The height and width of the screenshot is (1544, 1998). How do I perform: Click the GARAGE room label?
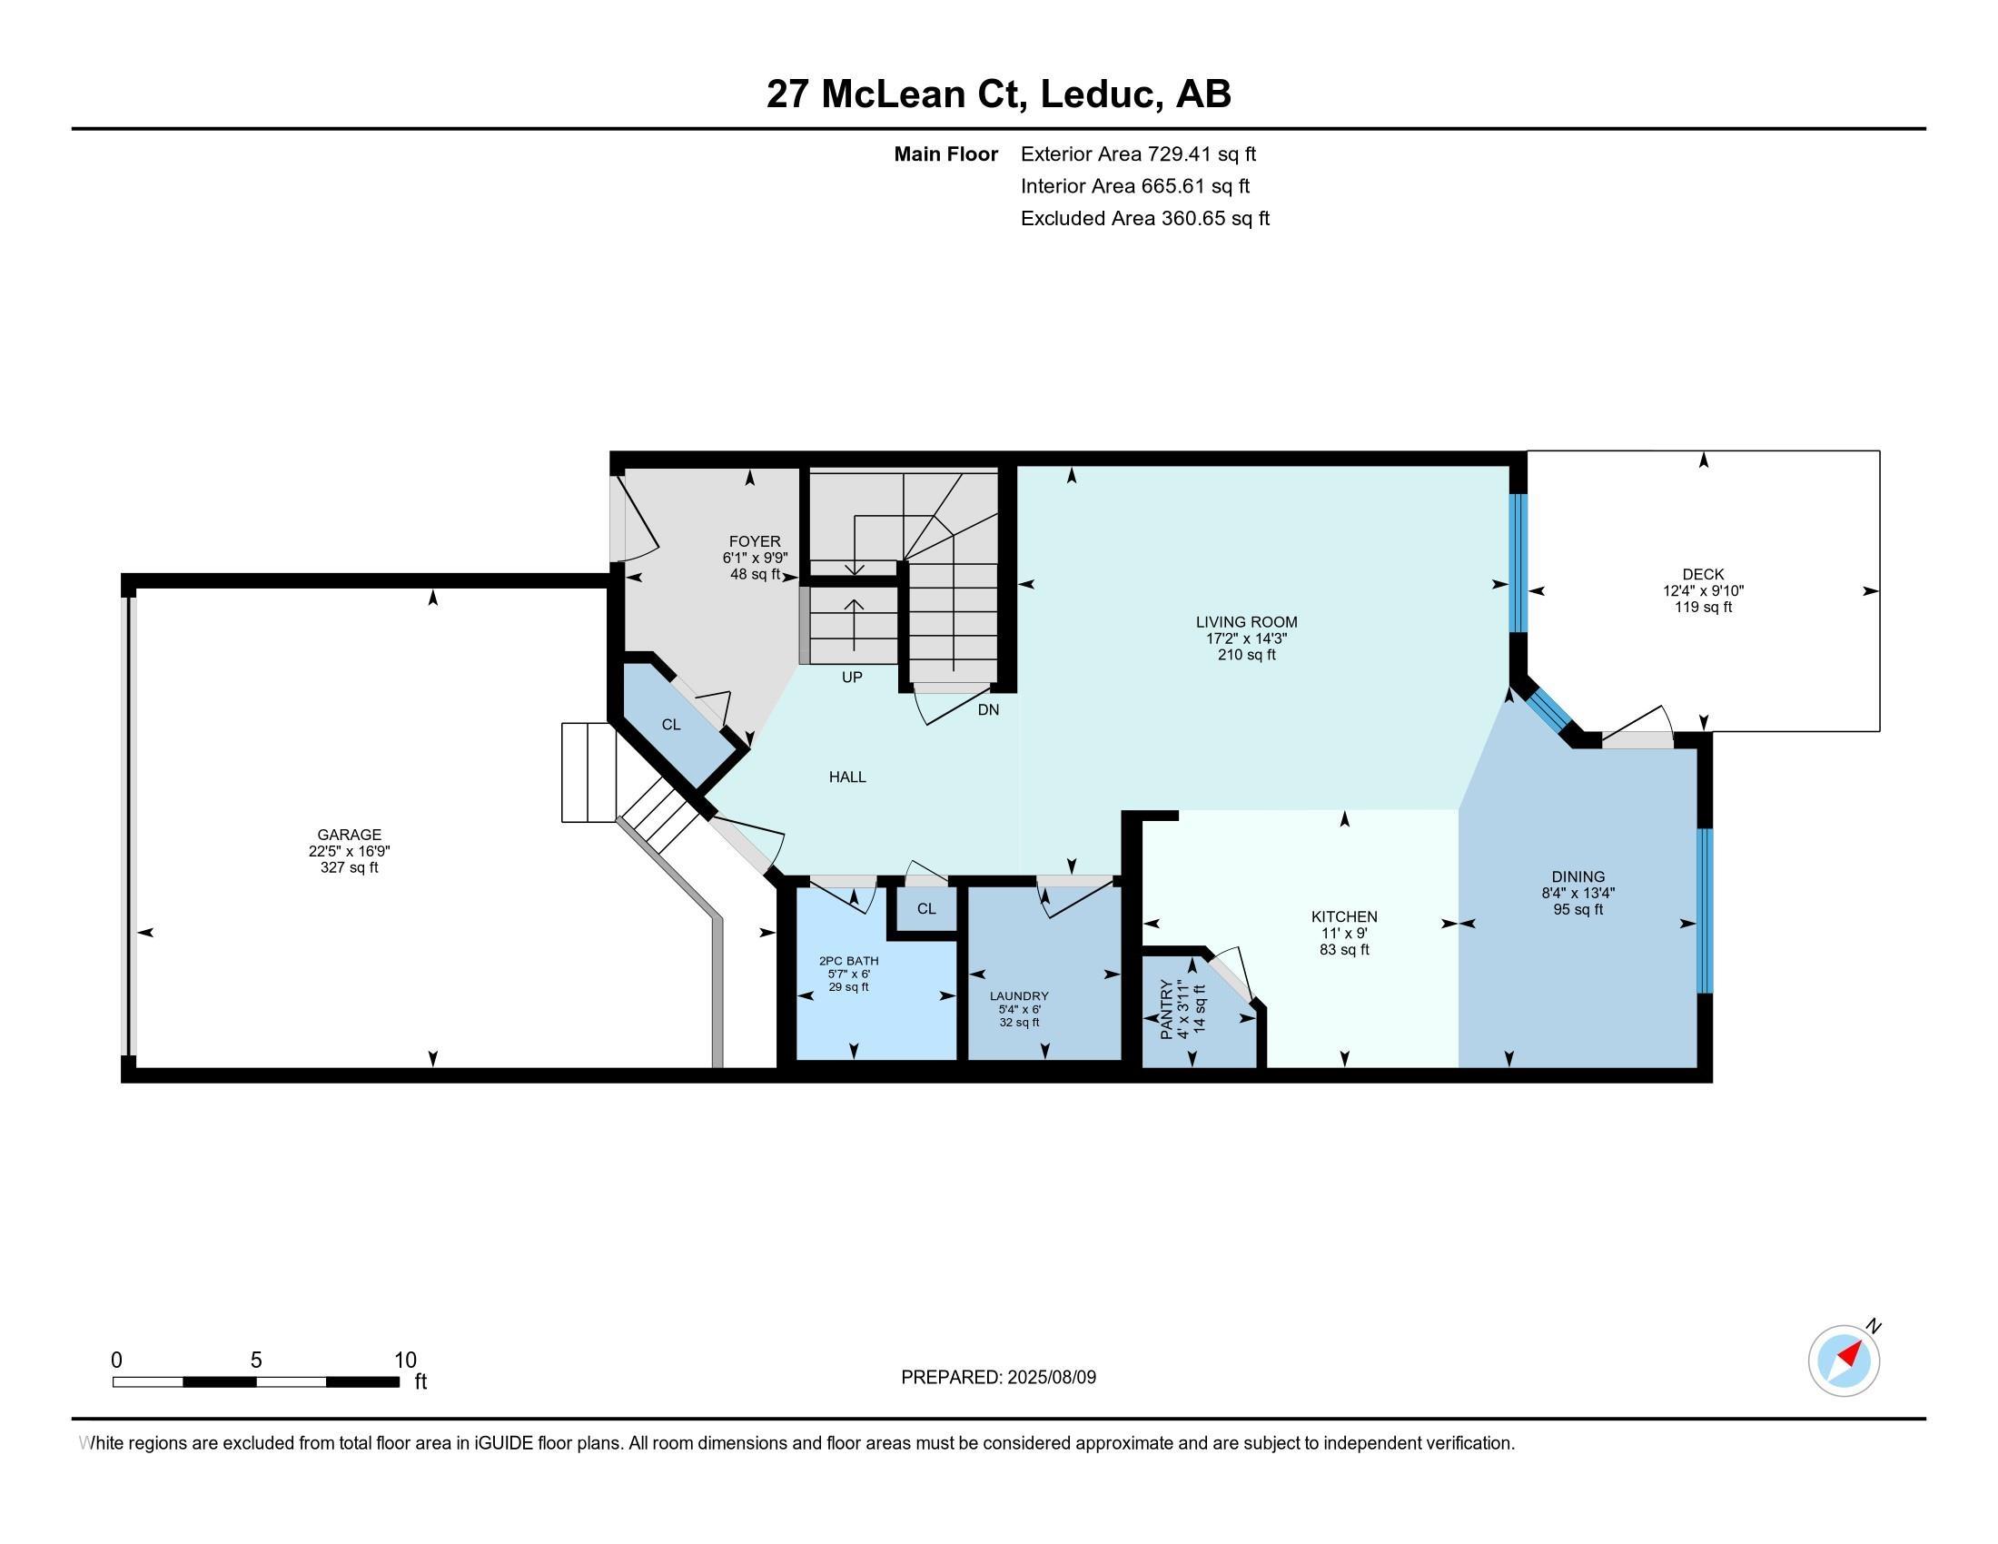coord(349,834)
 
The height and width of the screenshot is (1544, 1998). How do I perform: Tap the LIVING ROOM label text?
coord(1246,622)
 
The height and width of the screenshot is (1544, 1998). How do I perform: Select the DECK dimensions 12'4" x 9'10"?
coord(1703,591)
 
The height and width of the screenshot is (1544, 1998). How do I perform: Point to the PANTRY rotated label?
coord(1166,1009)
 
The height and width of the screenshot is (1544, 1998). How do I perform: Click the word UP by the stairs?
coord(852,677)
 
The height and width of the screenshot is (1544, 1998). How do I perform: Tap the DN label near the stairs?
coord(988,709)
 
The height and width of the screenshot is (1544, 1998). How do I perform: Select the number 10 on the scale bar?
coord(405,1360)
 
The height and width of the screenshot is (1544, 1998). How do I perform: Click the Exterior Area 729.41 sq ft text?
coord(1138,153)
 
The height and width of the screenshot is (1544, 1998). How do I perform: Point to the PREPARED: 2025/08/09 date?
coord(998,1377)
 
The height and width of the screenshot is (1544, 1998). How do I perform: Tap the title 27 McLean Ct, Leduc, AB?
coord(999,94)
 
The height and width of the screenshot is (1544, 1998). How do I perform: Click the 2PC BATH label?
coord(849,960)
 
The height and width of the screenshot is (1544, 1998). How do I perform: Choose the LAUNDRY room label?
coord(1019,996)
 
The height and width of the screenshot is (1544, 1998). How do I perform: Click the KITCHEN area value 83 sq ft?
coord(1344,949)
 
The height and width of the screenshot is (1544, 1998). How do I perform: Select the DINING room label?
coord(1578,876)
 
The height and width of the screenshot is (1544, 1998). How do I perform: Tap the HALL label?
coord(847,777)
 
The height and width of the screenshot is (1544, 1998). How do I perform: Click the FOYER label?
coord(755,541)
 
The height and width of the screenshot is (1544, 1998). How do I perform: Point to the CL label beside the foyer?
coord(670,725)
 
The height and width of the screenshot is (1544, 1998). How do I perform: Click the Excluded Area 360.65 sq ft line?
coord(1145,218)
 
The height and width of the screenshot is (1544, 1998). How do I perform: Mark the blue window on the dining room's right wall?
coord(1705,910)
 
